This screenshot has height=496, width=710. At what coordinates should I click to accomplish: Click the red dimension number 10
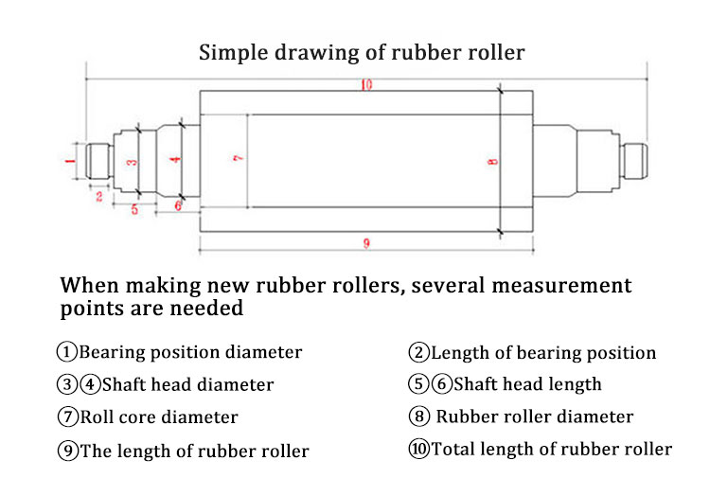tap(366, 84)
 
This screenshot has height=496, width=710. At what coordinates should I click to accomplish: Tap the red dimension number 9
tap(366, 243)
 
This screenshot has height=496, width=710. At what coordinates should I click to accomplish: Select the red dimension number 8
tap(492, 162)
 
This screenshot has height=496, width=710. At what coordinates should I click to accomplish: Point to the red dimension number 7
tap(239, 157)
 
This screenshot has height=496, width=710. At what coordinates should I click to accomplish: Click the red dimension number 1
tap(70, 161)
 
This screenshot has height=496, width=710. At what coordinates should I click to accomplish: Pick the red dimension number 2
tap(99, 196)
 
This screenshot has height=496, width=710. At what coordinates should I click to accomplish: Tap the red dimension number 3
tap(132, 162)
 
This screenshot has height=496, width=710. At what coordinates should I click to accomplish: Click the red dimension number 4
tap(175, 159)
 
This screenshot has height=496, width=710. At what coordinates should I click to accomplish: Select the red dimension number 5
tap(134, 209)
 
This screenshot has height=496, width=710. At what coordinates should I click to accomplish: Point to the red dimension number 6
tap(178, 206)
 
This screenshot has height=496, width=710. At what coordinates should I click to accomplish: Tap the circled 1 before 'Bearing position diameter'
tap(67, 352)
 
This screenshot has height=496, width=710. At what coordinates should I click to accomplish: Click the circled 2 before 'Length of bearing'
tap(418, 352)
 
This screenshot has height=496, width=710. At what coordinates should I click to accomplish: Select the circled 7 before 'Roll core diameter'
tap(68, 416)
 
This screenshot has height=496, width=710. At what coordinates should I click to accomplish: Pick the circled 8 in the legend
tap(418, 416)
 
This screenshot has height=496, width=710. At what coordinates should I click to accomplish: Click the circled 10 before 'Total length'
tap(418, 449)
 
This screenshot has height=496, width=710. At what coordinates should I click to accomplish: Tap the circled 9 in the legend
tap(68, 451)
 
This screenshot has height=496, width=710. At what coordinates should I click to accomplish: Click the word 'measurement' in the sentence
tap(561, 286)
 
